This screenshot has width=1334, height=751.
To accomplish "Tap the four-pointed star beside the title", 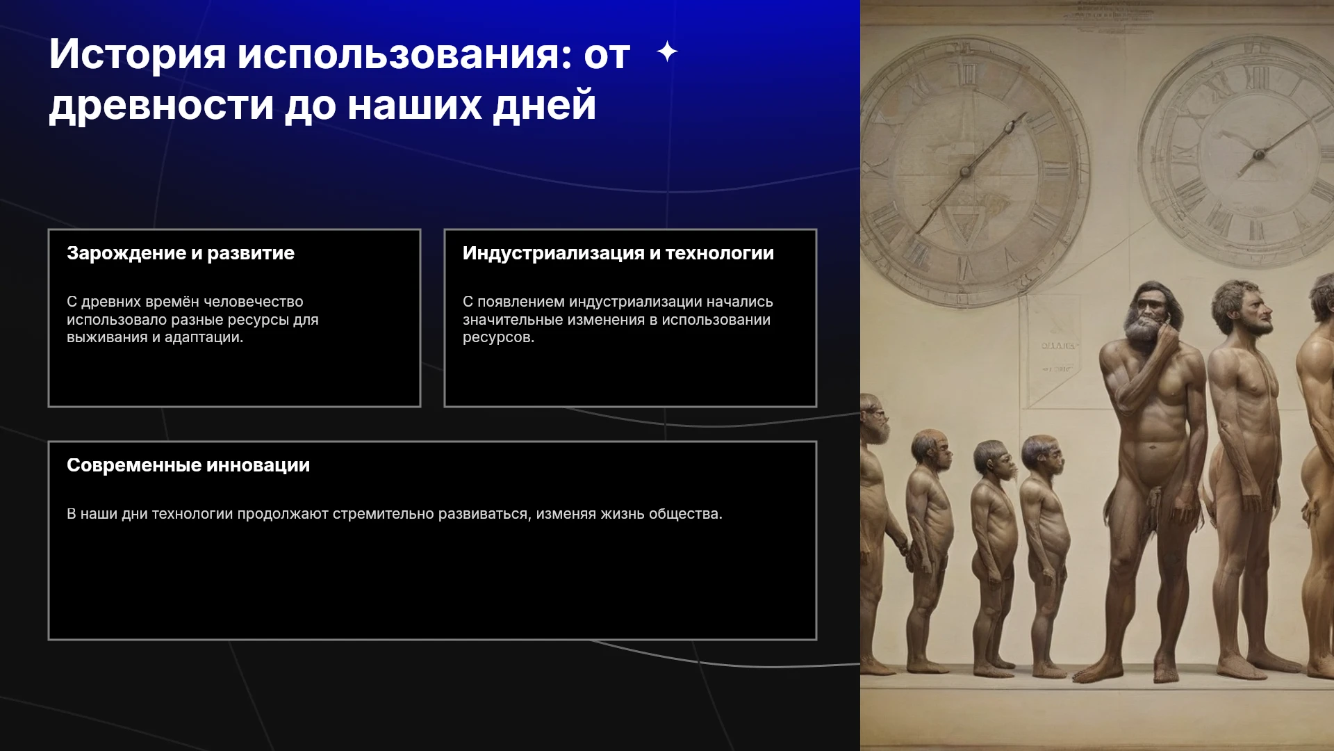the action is pos(667,51).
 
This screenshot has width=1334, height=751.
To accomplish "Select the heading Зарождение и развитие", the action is pos(181,253).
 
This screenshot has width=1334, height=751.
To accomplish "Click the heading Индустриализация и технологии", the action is pos(618,253).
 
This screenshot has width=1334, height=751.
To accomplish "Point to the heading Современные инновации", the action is pos(188,465).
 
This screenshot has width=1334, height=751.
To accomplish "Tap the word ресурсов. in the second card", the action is pos(498,338).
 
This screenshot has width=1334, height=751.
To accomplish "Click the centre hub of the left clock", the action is pos(964,172).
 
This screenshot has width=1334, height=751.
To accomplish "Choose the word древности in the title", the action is pos(161,106).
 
